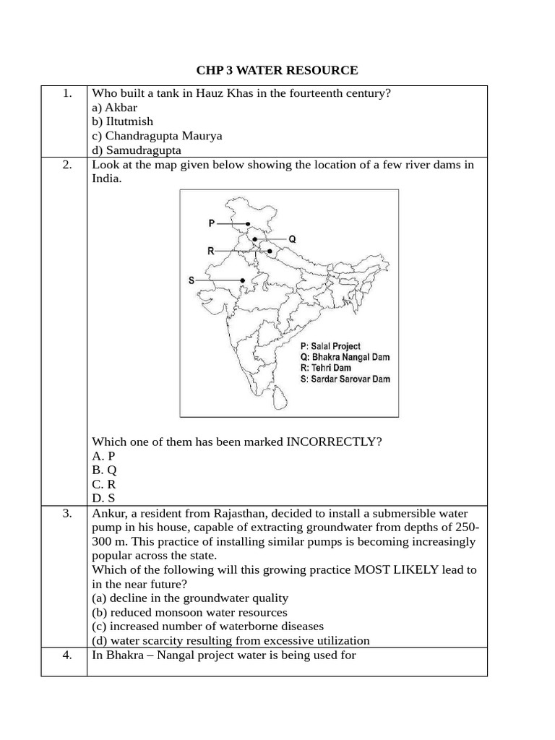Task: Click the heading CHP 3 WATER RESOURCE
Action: point(277,70)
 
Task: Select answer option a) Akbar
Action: point(114,108)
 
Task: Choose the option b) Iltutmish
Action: point(122,121)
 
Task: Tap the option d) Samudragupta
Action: point(137,150)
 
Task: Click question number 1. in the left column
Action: point(67,93)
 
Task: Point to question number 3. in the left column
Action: point(67,513)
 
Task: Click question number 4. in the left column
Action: point(67,655)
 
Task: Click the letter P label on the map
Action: point(211,224)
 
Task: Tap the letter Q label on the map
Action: point(292,238)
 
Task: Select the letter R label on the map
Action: point(210,251)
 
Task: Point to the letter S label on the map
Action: point(192,280)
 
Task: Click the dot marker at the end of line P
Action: point(248,224)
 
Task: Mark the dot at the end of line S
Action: point(244,280)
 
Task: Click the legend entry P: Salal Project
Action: point(330,346)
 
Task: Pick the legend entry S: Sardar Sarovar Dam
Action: point(345,379)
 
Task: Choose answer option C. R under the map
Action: point(104,484)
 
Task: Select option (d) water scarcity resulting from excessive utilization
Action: point(231,640)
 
